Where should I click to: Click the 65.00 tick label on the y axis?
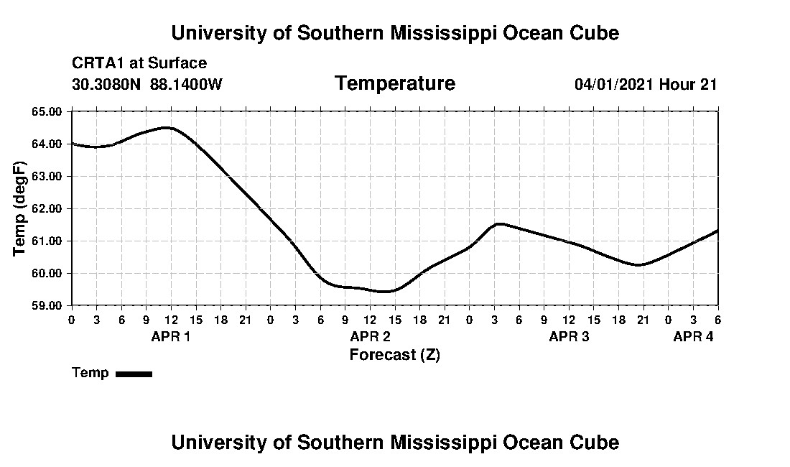(x=48, y=111)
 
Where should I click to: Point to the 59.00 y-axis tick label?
(x=48, y=305)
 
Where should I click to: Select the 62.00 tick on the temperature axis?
(x=48, y=208)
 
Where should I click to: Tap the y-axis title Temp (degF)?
(x=21, y=208)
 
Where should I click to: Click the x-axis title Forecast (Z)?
(x=394, y=355)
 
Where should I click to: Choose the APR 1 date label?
(x=170, y=336)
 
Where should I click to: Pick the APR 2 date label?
(x=370, y=336)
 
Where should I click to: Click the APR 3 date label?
(x=569, y=336)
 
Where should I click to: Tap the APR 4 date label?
(x=693, y=336)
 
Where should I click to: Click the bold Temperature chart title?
(x=394, y=83)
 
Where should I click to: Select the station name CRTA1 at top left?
(x=96, y=63)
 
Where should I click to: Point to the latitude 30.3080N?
(x=107, y=84)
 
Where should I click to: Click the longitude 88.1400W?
(x=186, y=84)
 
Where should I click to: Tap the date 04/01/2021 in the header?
(x=614, y=84)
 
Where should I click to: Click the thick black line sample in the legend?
(x=134, y=374)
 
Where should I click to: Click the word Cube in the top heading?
(x=593, y=33)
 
